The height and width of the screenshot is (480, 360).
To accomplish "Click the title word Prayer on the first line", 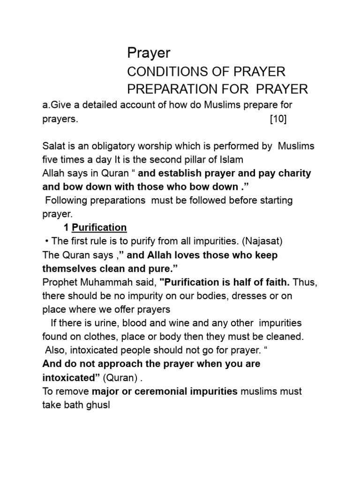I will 149,54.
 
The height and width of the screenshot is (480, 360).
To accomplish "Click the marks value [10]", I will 278,119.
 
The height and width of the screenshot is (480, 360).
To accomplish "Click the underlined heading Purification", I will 99,228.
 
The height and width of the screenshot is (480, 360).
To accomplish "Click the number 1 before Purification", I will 66,228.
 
